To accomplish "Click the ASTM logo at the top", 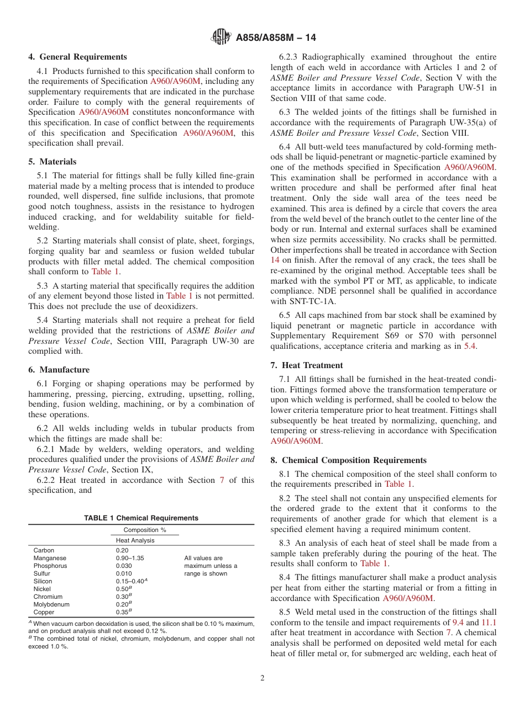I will click(221, 38).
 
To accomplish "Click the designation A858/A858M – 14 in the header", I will click(276, 38).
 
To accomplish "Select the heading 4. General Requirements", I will click(77, 57).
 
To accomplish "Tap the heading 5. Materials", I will click(53, 162).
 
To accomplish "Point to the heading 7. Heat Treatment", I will click(307, 365).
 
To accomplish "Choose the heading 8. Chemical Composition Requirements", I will click(348, 460).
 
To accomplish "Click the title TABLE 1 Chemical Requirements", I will click(141, 518).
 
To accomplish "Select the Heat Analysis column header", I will click(135, 540).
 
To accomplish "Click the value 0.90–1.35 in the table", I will click(129, 558).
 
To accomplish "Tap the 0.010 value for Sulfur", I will click(124, 573).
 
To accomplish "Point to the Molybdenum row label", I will click(51, 604).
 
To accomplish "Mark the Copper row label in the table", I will click(44, 612).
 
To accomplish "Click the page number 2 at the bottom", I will click(262, 678).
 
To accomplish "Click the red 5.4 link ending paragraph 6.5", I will click(470, 346).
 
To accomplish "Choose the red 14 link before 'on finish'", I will click(275, 259).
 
